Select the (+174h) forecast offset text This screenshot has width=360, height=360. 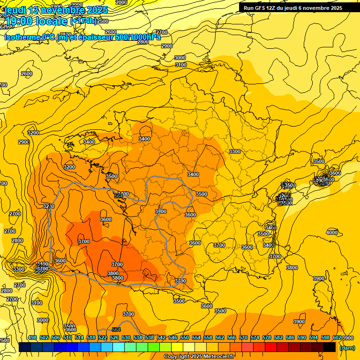pos(84,21)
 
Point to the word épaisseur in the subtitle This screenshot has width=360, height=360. pos(95,37)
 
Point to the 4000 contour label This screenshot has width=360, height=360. pos(332,232)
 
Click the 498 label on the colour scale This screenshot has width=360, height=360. pos(32,337)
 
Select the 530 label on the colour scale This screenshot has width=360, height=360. pos(126,337)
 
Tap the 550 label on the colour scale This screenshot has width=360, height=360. pos(185,337)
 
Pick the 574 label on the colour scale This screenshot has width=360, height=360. pos(255,337)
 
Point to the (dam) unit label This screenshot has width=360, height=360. pos(347,348)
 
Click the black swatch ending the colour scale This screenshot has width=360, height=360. pos(330,347)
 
